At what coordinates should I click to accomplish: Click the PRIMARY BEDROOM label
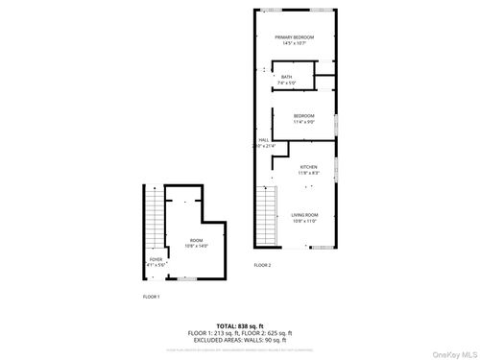pyautogui.click(x=300, y=37)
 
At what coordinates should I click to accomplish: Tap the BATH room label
pyautogui.click(x=286, y=78)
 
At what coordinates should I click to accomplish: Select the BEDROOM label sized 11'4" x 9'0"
pyautogui.click(x=304, y=116)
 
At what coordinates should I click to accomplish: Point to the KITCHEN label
pyautogui.click(x=308, y=167)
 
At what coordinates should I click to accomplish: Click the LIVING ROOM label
pyautogui.click(x=305, y=215)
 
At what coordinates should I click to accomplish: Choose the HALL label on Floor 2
pyautogui.click(x=264, y=140)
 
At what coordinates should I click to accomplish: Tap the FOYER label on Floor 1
pyautogui.click(x=156, y=258)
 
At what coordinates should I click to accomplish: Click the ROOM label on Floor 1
pyautogui.click(x=196, y=240)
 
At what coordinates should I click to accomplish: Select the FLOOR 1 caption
pyautogui.click(x=152, y=297)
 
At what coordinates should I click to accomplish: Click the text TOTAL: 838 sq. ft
pyautogui.click(x=240, y=326)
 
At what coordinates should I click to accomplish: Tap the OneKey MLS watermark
pyautogui.click(x=452, y=351)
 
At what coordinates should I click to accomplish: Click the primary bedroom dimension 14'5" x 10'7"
pyautogui.click(x=300, y=43)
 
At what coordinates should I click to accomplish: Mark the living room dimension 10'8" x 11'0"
pyautogui.click(x=305, y=221)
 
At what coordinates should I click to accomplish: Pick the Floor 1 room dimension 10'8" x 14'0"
pyautogui.click(x=196, y=246)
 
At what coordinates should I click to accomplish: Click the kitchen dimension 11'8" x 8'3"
pyautogui.click(x=308, y=173)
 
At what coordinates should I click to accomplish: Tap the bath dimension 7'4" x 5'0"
pyautogui.click(x=286, y=84)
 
